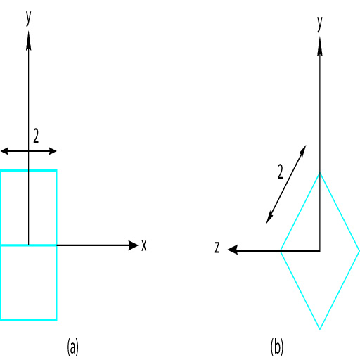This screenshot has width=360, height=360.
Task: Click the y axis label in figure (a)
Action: (x=28, y=18)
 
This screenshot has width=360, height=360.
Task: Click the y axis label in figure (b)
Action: (x=320, y=24)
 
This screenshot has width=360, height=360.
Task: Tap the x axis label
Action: (x=144, y=245)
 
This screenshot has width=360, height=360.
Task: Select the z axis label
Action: (x=217, y=247)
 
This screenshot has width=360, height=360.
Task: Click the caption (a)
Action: (x=72, y=347)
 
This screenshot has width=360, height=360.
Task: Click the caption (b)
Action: (x=277, y=347)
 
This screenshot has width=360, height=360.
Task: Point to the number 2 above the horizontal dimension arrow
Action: (x=36, y=136)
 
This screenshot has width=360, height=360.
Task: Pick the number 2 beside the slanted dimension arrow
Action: (x=280, y=172)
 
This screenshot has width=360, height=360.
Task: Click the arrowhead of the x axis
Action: (x=133, y=245)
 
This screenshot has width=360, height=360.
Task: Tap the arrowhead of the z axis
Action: (x=233, y=250)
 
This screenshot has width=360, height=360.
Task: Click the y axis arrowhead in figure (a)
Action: (x=29, y=40)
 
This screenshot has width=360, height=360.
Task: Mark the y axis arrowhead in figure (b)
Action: (x=320, y=46)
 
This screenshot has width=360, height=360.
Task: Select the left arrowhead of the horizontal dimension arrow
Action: (x=4, y=151)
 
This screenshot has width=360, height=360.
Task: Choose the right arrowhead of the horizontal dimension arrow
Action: (x=53, y=151)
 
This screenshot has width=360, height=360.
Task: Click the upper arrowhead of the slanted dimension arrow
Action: (x=303, y=150)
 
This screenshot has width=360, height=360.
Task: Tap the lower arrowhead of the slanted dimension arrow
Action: (x=269, y=218)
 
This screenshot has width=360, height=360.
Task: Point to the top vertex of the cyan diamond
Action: (x=320, y=173)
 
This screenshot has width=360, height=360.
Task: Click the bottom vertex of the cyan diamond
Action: (x=320, y=329)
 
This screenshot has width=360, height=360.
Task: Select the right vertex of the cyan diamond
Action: (x=359, y=251)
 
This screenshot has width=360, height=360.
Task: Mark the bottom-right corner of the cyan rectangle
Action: (x=56, y=320)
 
